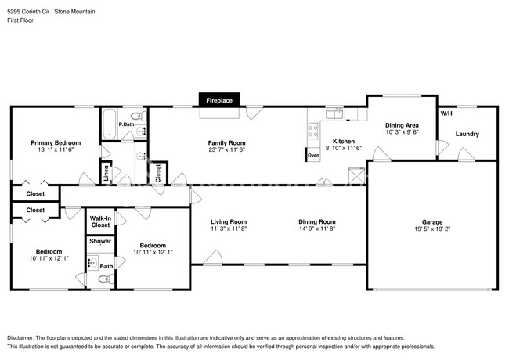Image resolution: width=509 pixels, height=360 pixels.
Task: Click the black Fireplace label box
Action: click(x=219, y=100)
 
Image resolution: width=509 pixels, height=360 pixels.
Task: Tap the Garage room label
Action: click(x=432, y=222)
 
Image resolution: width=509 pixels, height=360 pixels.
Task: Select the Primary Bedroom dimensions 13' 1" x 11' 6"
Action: click(x=56, y=149)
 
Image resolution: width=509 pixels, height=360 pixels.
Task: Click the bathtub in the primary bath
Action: click(x=109, y=124)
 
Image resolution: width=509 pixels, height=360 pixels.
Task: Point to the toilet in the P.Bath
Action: click(x=139, y=116)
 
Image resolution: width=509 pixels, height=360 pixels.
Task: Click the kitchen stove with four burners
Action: click(x=313, y=131)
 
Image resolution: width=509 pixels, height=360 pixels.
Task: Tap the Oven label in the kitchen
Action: click(x=313, y=156)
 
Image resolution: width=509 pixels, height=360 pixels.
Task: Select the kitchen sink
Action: click(x=334, y=113)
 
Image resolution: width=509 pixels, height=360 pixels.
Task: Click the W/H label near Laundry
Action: click(x=446, y=113)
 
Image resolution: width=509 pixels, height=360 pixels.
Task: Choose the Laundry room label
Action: click(x=467, y=134)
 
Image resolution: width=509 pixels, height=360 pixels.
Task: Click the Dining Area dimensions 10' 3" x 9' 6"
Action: click(x=403, y=132)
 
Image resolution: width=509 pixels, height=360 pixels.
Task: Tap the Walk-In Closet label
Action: click(x=101, y=221)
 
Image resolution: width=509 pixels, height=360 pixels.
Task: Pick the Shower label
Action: click(x=100, y=241)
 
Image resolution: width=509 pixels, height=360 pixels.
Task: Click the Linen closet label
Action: click(x=106, y=173)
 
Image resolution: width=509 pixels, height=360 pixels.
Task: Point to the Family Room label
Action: click(x=226, y=143)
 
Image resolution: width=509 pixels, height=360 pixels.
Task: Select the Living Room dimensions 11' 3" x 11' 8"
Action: click(x=229, y=229)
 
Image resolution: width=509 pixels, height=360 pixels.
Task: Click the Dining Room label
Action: click(x=317, y=221)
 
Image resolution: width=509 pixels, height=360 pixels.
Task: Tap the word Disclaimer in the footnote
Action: click(x=20, y=338)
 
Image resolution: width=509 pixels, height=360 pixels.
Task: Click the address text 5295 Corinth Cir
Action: click(x=28, y=12)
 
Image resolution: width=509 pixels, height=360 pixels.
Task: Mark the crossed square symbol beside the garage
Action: click(x=357, y=176)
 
